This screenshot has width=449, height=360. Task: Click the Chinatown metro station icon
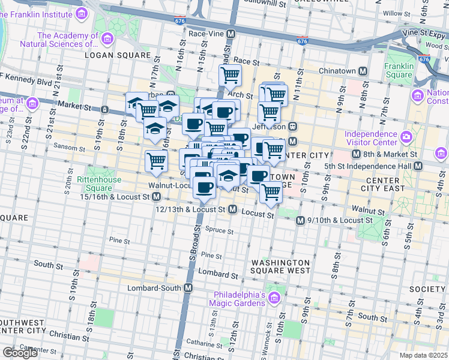[x=363, y=71]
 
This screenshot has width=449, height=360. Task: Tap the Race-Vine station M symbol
[x=230, y=34]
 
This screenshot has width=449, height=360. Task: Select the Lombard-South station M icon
[x=188, y=288]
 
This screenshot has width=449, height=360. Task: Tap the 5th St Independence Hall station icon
[x=419, y=166]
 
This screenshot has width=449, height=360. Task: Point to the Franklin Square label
[x=399, y=70]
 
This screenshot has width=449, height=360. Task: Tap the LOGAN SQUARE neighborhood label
[x=117, y=55]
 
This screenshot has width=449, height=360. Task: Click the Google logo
[x=20, y=353]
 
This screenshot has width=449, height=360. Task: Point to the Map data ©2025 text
[x=423, y=355]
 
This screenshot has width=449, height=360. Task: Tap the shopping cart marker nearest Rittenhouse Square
[x=156, y=161]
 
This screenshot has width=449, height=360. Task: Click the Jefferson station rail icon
[x=293, y=127]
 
